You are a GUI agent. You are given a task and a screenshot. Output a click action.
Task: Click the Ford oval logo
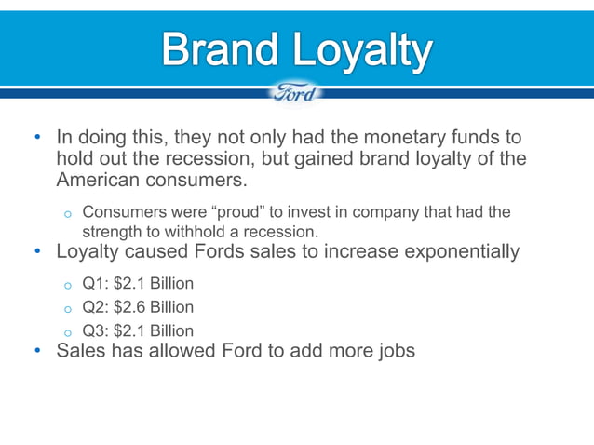click(296, 93)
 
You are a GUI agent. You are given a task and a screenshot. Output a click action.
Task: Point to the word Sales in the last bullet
click(81, 351)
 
